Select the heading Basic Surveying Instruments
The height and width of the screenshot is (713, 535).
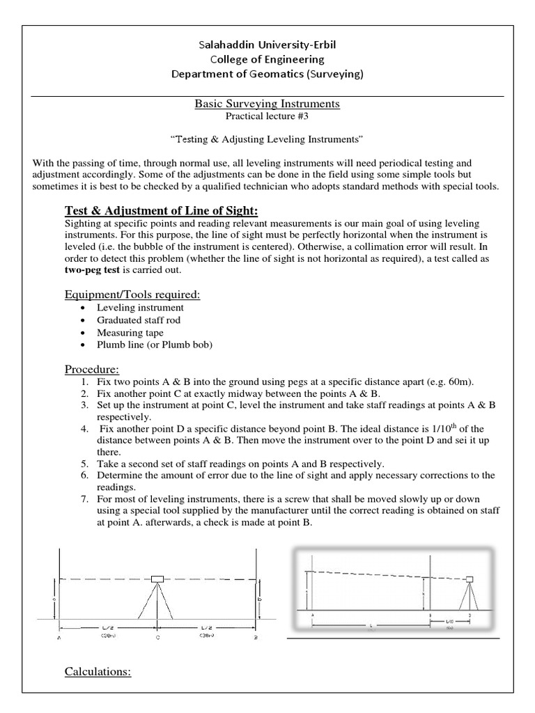[267, 104]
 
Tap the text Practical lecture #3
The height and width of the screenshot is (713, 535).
[267, 116]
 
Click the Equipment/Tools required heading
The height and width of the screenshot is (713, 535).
[132, 295]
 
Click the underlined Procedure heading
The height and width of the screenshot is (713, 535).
[92, 368]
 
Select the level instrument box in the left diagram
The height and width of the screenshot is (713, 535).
[157, 579]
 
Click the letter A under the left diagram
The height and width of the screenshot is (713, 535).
[59, 637]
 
